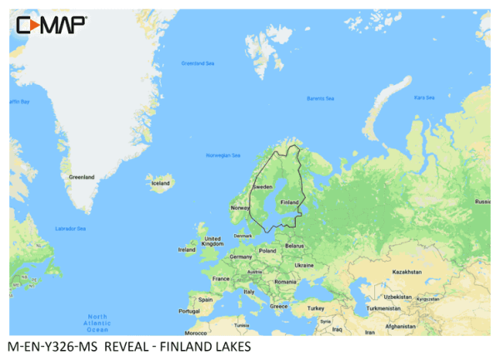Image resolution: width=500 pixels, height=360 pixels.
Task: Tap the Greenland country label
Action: click(82, 177)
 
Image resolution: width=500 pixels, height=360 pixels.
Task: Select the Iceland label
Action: click(160, 182)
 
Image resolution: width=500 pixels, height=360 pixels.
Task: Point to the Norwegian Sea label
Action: click(222, 155)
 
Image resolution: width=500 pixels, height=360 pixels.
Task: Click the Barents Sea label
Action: click(319, 99)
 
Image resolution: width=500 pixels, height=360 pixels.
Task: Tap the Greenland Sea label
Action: click(198, 63)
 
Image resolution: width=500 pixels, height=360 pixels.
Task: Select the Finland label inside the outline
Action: click(289, 202)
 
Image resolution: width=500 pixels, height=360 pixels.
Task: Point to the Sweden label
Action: click(262, 187)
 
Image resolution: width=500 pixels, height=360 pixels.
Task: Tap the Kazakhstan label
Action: click(407, 272)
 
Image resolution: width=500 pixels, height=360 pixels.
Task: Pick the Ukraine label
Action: click(304, 265)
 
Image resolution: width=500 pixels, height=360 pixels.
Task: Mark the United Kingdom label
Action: click(212, 241)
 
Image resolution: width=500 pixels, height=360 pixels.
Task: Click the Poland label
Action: click(267, 250)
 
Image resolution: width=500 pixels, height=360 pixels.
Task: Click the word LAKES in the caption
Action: click(230, 347)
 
